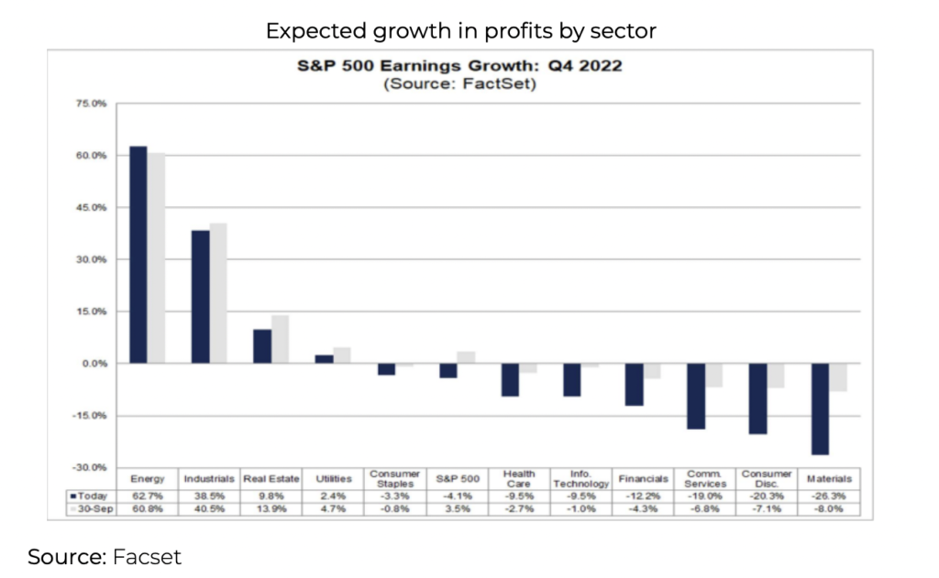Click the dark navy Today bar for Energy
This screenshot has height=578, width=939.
coord(138,255)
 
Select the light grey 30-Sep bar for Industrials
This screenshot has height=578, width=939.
coord(218,293)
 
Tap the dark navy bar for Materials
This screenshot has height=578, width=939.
coord(820,409)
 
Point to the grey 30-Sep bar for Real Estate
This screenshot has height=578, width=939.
coord(280,339)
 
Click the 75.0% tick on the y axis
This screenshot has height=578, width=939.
coord(93,104)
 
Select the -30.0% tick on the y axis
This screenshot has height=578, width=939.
coord(91,467)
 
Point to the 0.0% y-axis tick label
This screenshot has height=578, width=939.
coord(94,364)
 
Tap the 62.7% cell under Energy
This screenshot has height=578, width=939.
coord(148,495)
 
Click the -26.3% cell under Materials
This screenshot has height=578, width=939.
coord(829,495)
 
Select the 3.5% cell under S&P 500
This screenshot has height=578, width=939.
coord(458,507)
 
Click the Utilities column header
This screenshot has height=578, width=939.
coord(333,479)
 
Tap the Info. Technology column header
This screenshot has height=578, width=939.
coord(581,478)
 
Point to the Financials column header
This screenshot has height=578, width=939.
coord(643,479)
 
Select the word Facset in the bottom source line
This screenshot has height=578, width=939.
coord(147,556)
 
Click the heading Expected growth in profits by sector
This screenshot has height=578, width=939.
coord(461,31)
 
